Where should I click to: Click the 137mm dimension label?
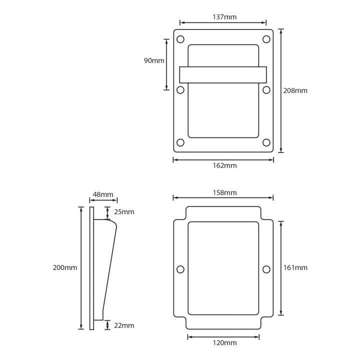pos(224,17)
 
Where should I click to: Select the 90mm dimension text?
pos(154,60)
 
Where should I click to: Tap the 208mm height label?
pos(295,90)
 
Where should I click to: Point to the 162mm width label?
pos(224,165)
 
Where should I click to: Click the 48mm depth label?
pos(103,194)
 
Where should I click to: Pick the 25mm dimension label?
pos(124,211)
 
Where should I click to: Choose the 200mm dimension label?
pos(65,267)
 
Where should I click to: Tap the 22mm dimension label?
pos(124,325)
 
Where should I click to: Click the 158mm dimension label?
pos(224,192)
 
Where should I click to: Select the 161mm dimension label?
pos(295,267)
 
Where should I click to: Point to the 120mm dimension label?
pos(224,343)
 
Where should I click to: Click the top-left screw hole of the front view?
pos(180,39)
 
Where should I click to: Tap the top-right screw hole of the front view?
pos(266,39)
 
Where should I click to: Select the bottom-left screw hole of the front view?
pos(180,142)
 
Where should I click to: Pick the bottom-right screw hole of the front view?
pos(266,142)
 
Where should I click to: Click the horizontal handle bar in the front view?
pos(223,75)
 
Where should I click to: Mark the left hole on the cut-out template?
pos(180,269)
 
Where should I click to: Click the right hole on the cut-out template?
pos(266,269)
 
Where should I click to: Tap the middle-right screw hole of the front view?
pos(266,90)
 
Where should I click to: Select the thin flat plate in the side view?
pos(91,268)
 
